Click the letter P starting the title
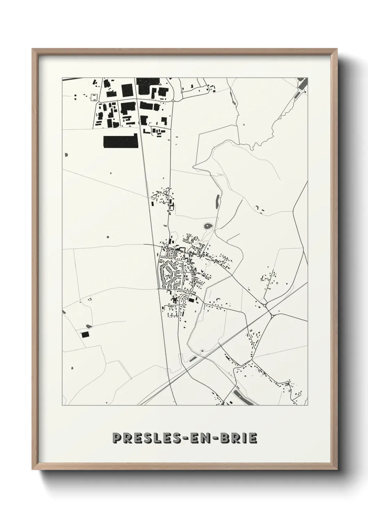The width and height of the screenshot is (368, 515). pyautogui.click(x=117, y=438)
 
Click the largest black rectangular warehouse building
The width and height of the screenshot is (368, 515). pyautogui.click(x=121, y=142)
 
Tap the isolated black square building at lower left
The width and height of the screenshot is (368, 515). pyautogui.click(x=85, y=334)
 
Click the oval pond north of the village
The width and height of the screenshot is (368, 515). pyautogui.click(x=208, y=227)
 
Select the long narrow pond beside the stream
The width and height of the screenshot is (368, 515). pyautogui.click(x=218, y=201)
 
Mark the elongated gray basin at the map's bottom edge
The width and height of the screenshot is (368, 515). pyautogui.click(x=243, y=397)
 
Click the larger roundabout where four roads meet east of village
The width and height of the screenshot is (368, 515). pyautogui.click(x=272, y=316)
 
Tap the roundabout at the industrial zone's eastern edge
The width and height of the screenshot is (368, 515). pyautogui.click(x=173, y=101)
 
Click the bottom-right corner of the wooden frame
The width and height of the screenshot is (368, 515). pyautogui.click(x=337, y=468)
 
